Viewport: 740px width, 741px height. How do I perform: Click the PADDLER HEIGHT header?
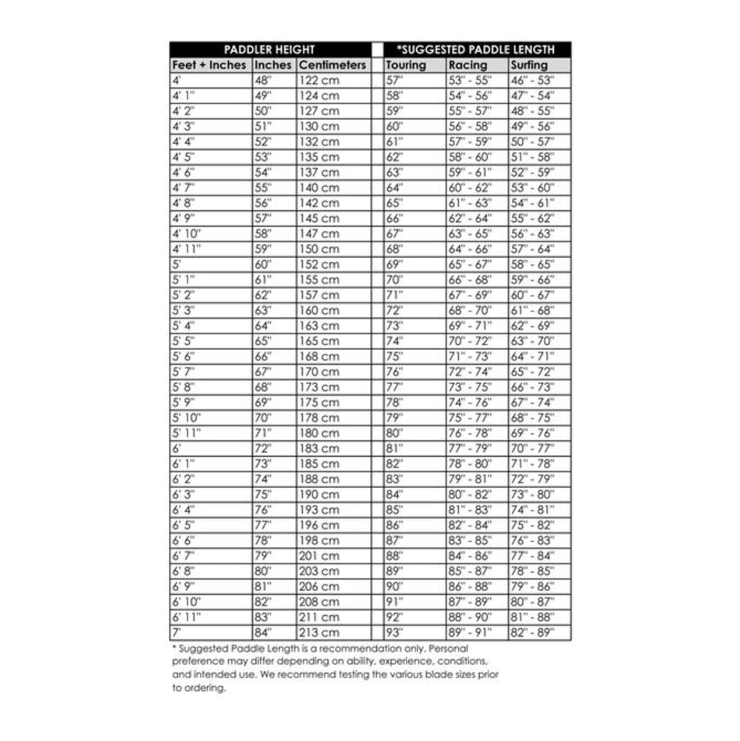click(x=269, y=50)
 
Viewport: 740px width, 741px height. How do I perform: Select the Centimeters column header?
click(x=332, y=65)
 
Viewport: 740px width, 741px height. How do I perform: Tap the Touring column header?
click(x=406, y=65)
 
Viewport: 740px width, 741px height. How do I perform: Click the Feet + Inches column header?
click(x=209, y=65)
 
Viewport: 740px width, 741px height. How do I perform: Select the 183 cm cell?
click(x=319, y=448)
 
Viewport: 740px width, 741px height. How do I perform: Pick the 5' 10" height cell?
click(x=186, y=418)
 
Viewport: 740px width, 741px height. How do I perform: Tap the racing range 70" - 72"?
click(x=470, y=341)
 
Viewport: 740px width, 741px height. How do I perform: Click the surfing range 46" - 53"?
click(x=532, y=80)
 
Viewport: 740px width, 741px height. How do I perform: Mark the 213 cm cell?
click(x=319, y=633)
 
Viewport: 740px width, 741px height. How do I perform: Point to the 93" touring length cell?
click(x=395, y=633)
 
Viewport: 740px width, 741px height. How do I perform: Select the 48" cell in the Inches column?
click(x=263, y=80)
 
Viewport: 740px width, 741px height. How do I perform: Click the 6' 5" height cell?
click(x=183, y=525)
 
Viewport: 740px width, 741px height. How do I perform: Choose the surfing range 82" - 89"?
click(x=532, y=633)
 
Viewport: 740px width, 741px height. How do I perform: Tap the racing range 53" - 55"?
click(x=470, y=80)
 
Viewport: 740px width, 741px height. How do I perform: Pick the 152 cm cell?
click(x=319, y=264)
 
